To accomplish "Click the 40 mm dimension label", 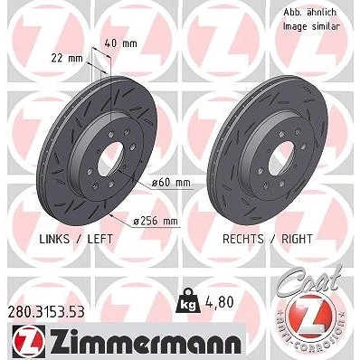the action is tap(120, 43).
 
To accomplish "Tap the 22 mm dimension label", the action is tap(67, 58).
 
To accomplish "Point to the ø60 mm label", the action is tap(171, 183).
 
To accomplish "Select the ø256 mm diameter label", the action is tap(156, 222).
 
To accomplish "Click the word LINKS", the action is tap(54, 239).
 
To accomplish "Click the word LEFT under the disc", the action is tap(99, 239).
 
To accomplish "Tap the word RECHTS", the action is tap(242, 239).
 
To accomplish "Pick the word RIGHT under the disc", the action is tap(297, 239).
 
